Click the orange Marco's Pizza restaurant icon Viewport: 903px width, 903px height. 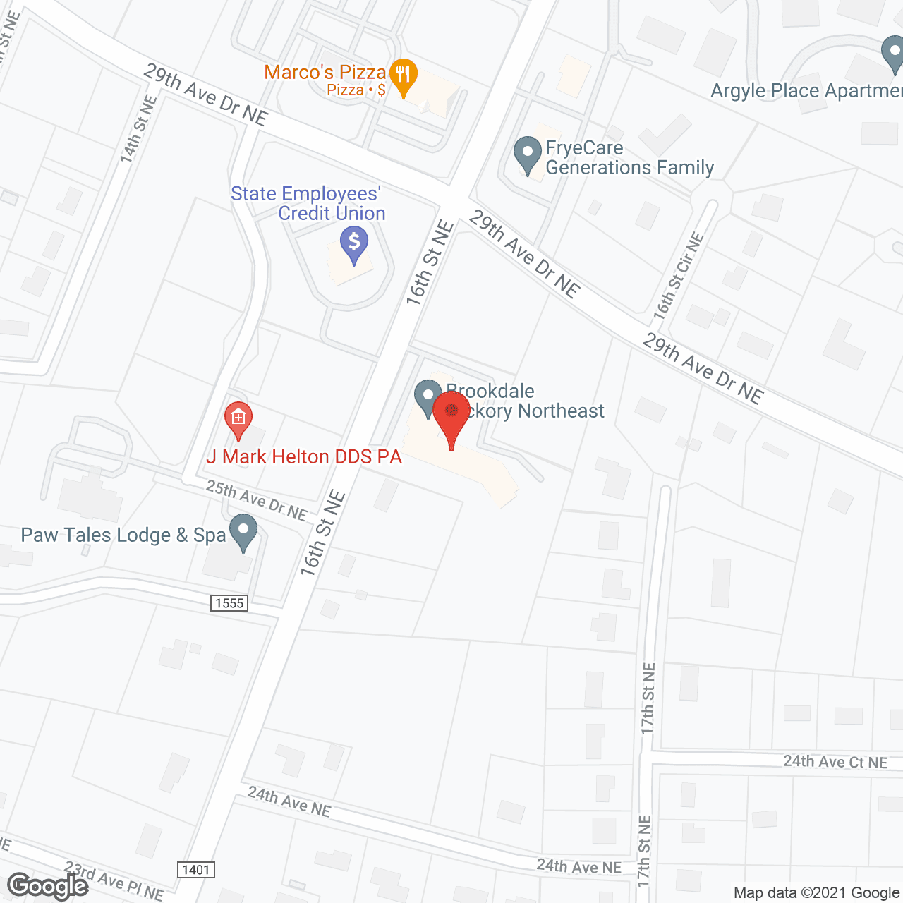(403, 75)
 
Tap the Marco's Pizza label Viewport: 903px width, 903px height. (325, 72)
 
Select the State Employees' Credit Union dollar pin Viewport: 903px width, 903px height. (354, 244)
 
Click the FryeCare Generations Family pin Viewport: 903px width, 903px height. (527, 154)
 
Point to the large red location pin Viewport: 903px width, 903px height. (451, 417)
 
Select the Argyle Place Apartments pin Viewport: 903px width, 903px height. (893, 54)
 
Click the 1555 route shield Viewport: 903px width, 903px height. (229, 602)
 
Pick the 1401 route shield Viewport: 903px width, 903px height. (195, 869)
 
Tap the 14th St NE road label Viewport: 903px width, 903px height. (138, 130)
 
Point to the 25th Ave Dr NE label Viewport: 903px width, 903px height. (256, 499)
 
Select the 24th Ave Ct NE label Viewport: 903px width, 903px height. (835, 762)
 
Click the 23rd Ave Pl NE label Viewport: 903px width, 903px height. (114, 880)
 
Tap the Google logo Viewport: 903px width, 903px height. (48, 886)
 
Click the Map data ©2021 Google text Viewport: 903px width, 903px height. (817, 893)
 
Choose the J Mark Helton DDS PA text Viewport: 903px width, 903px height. (304, 457)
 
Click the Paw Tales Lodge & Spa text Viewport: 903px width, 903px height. (123, 535)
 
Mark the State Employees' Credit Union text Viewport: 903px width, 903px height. (308, 203)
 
